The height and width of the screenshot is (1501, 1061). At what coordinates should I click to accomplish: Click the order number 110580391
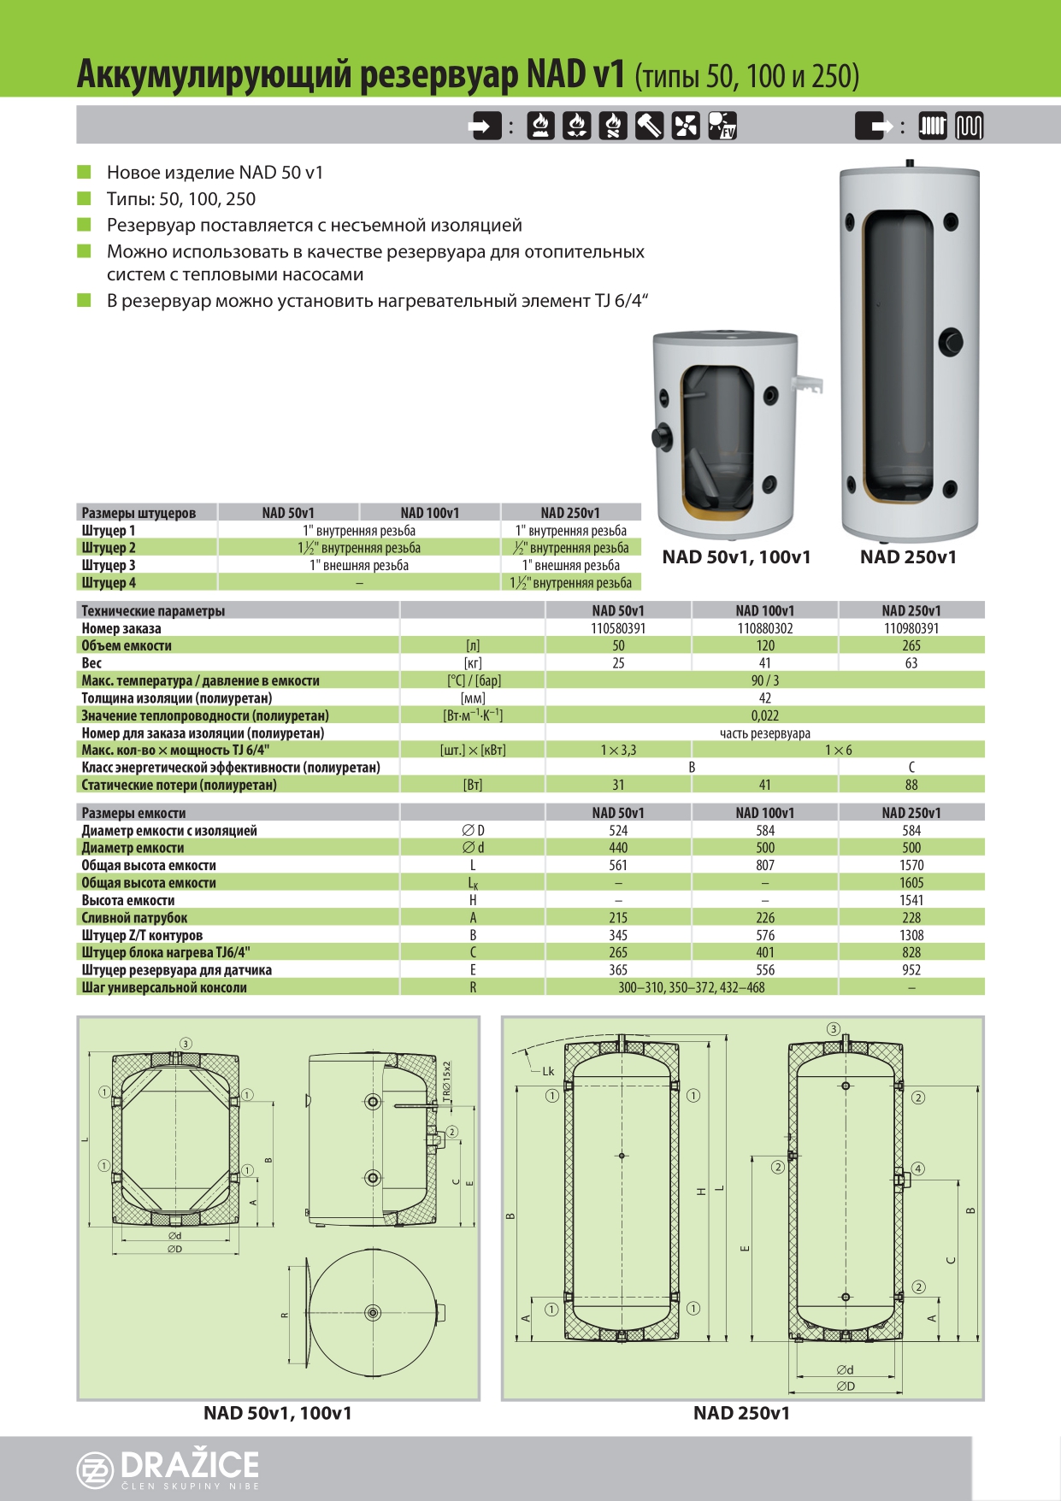click(x=618, y=628)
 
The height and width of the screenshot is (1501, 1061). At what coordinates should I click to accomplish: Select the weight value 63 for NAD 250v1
click(x=911, y=663)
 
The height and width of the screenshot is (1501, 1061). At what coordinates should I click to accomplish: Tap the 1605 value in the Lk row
click(x=911, y=883)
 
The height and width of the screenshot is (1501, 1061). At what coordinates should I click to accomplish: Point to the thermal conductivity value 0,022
click(x=764, y=715)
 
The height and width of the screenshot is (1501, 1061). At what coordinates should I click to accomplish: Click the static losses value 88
click(x=911, y=785)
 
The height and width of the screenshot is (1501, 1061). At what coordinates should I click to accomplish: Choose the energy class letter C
click(x=911, y=768)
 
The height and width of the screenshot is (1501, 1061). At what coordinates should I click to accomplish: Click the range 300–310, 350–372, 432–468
click(x=692, y=987)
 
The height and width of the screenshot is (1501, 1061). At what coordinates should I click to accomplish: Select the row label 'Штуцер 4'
click(x=109, y=583)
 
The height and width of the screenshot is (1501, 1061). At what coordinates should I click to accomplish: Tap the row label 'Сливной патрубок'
click(x=134, y=918)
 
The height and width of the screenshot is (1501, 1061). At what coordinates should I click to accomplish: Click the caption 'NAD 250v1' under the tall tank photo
click(x=908, y=557)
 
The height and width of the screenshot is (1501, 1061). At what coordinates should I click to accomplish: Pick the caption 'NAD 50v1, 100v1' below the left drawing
click(x=278, y=1413)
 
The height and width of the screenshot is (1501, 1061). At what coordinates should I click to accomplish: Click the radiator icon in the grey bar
click(x=933, y=127)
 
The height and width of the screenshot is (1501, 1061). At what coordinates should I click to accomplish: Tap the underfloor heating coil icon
click(x=969, y=127)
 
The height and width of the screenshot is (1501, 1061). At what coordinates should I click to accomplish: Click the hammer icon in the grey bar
click(x=649, y=126)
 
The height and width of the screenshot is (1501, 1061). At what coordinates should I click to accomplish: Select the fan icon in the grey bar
click(x=685, y=126)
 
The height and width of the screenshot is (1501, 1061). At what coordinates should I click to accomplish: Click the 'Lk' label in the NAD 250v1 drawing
click(x=548, y=1071)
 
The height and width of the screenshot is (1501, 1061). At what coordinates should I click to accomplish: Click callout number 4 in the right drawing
click(x=918, y=1168)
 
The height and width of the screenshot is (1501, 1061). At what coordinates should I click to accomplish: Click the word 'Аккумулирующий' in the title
click(x=214, y=75)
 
